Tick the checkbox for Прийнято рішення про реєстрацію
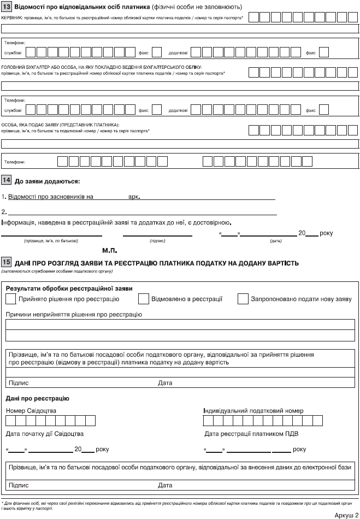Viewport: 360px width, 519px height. point(10,299)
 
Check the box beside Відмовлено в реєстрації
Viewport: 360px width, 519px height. point(144,299)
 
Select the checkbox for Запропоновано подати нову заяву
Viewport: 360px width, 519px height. point(243,299)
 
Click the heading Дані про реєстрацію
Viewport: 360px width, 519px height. point(37,398)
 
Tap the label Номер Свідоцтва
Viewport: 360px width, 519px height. point(31,410)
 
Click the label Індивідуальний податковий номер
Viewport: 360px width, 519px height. point(253,410)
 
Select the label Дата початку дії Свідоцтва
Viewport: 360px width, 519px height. point(45,434)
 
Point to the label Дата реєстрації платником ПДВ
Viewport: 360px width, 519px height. point(251,434)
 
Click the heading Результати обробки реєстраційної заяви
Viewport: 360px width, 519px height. point(69,288)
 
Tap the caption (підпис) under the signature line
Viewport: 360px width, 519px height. point(157,240)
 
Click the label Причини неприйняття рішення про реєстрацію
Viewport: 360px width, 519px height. point(74,315)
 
